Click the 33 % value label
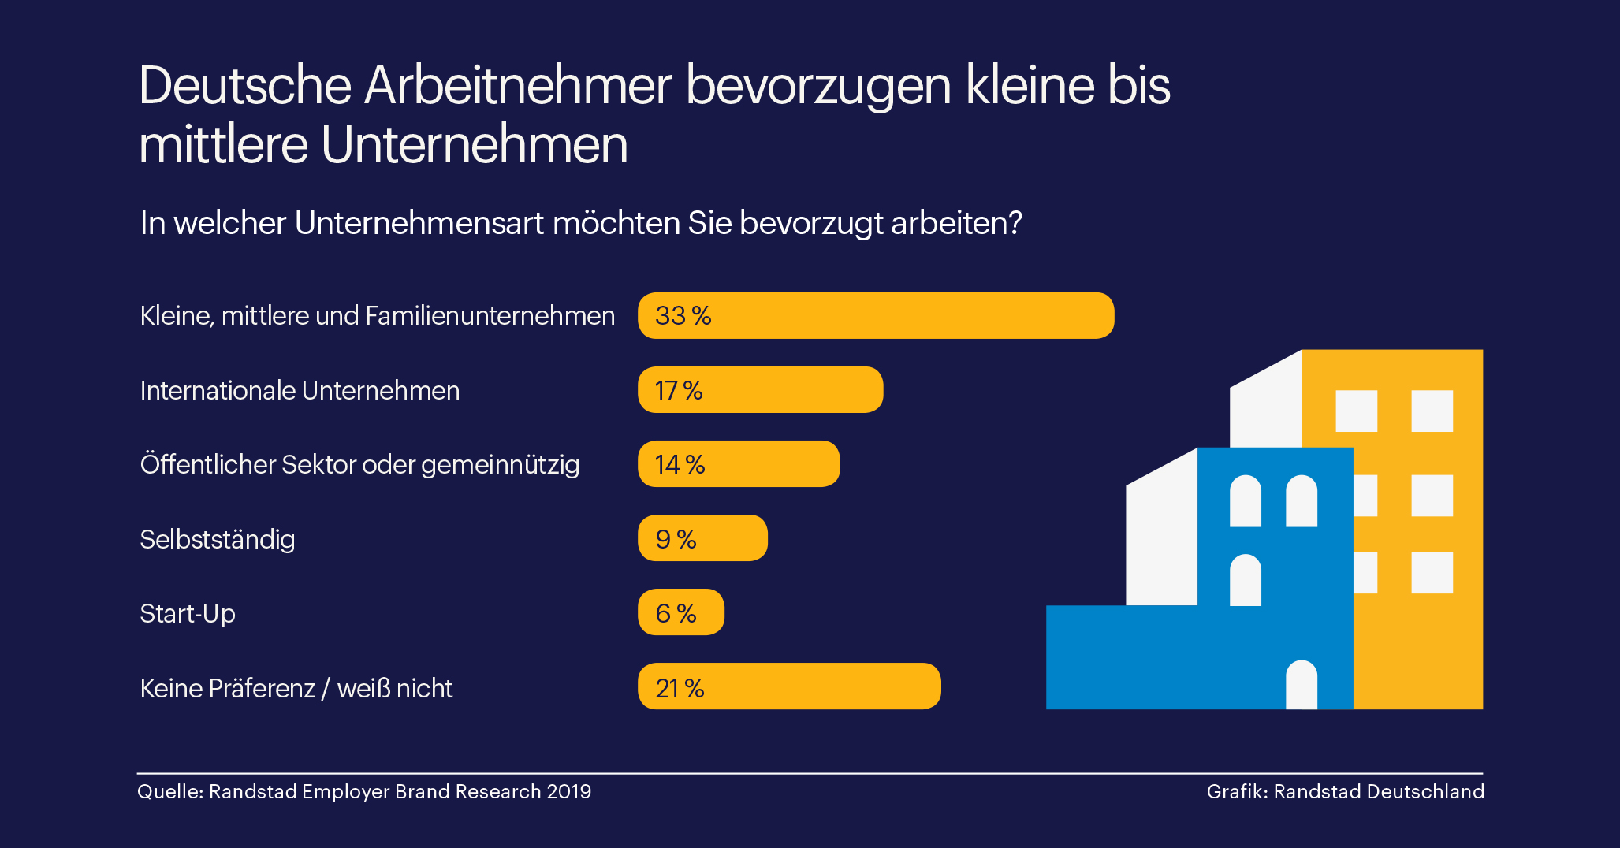tap(683, 316)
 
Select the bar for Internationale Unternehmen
tap(760, 390)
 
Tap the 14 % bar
tap(739, 464)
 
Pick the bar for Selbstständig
tap(702, 538)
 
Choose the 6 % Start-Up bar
tap(680, 612)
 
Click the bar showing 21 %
tap(789, 686)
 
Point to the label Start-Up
tap(188, 613)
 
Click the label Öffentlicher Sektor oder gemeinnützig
tap(359, 464)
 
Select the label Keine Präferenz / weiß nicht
tap(296, 688)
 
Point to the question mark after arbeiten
tap(1015, 223)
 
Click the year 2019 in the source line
tap(568, 791)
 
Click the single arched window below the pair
tap(1245, 580)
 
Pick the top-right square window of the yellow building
tap(1432, 411)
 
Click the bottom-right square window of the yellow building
tap(1432, 572)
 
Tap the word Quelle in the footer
tap(169, 791)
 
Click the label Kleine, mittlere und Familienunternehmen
tap(377, 316)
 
